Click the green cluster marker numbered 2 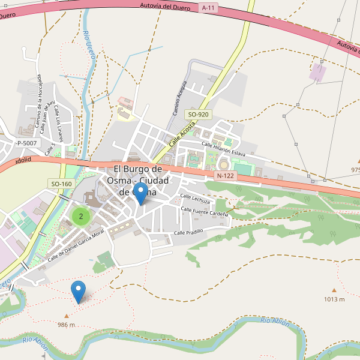pos(81,217)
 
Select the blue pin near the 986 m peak pos(79,292)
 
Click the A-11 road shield pos(208,8)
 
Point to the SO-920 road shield pos(199,114)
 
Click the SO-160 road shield pos(61,184)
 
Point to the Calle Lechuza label pos(196,199)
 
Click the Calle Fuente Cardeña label pos(205,211)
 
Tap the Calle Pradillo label pos(189,232)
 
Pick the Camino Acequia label pos(180,98)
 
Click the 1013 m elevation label pos(334,299)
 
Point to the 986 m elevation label pos(67,325)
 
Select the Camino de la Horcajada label pos(38,103)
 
